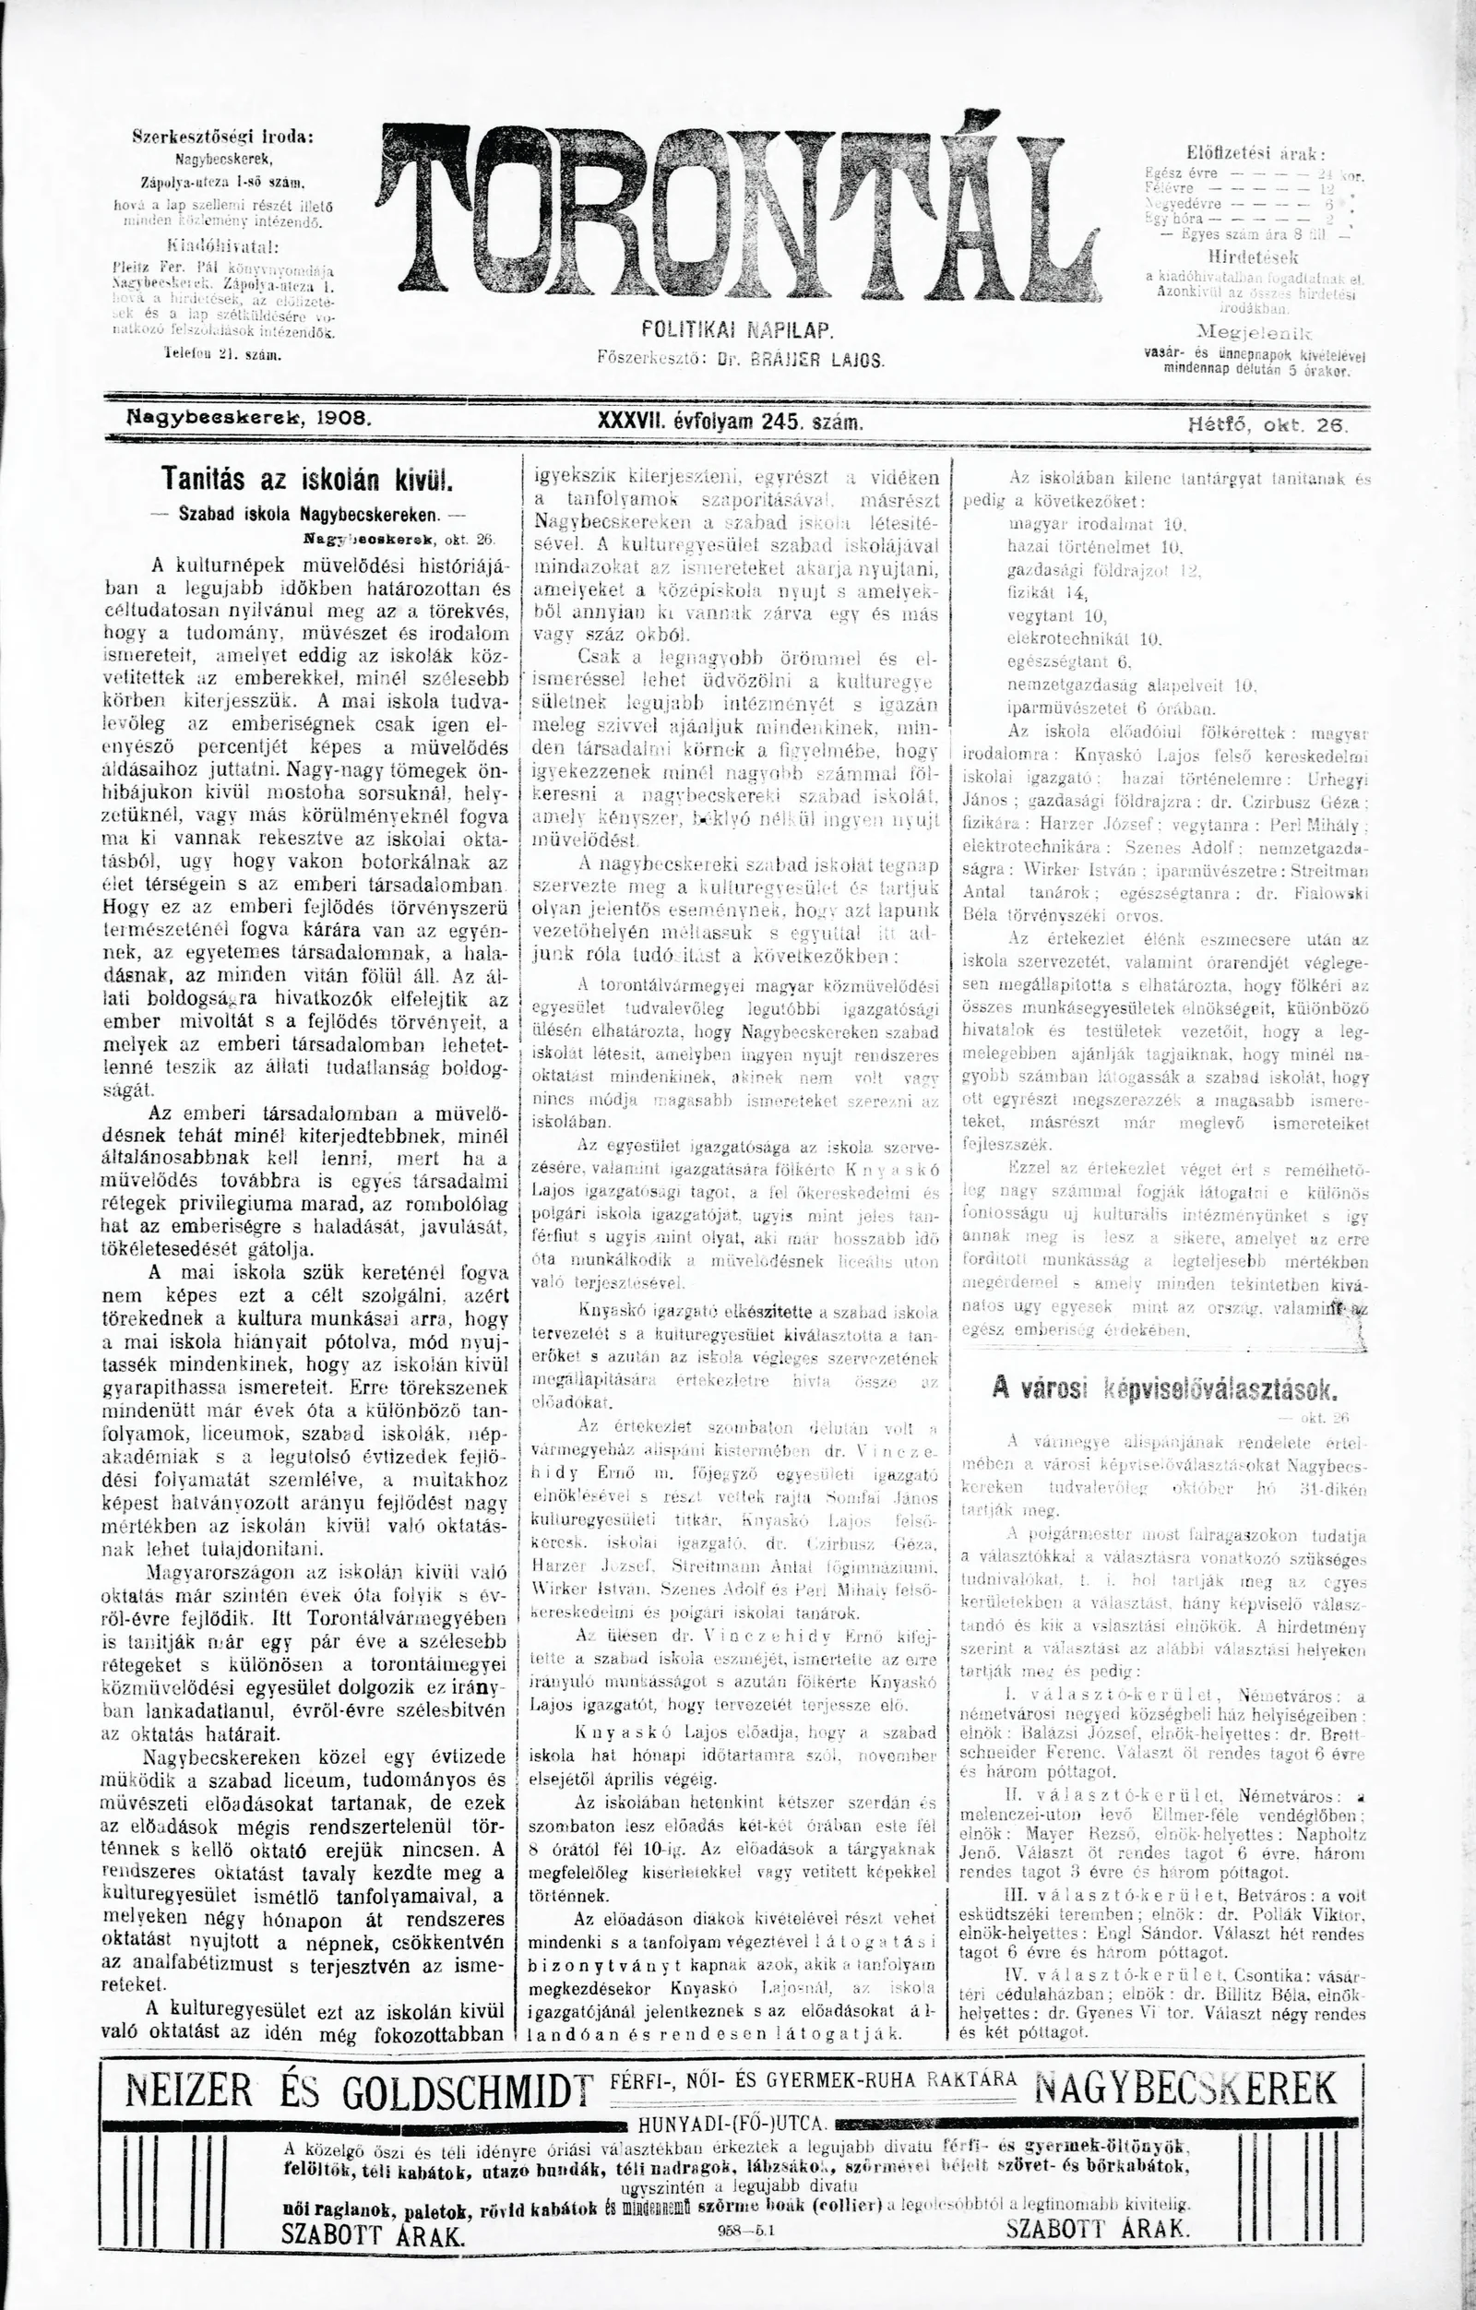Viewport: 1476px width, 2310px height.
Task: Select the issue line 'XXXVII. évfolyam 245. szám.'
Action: coord(730,423)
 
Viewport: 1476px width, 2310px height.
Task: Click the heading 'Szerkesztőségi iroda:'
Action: coord(222,137)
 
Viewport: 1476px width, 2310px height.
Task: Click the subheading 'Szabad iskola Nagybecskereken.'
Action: coord(308,513)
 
